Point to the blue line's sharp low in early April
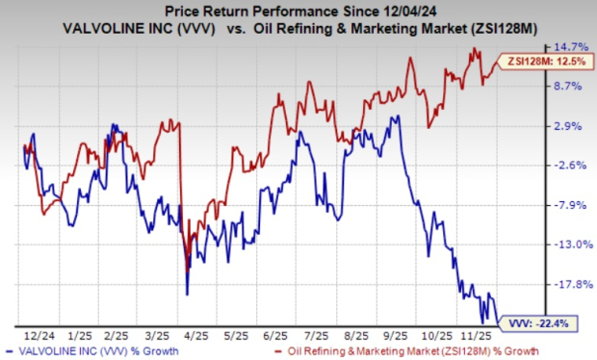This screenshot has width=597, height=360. [187, 294]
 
